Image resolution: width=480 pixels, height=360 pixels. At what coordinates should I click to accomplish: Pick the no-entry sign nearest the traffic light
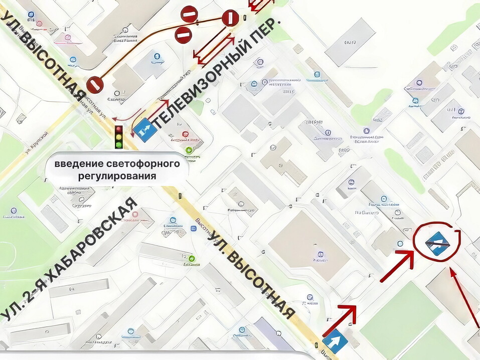(x=94, y=85)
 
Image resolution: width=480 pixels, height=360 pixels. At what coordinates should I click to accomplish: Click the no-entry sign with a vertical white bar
(x=230, y=19)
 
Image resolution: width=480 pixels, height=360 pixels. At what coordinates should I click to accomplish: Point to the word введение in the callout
(x=79, y=164)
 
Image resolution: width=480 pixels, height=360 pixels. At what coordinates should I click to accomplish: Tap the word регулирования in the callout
(x=117, y=176)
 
